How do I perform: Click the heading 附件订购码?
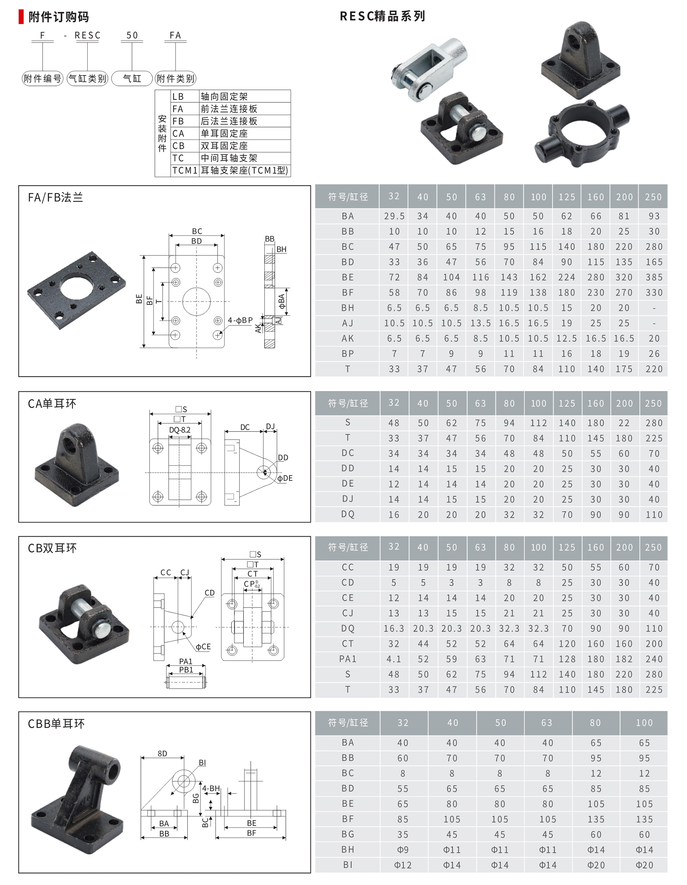click(x=58, y=16)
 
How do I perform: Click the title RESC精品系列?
click(x=382, y=16)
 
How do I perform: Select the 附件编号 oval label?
click(x=43, y=78)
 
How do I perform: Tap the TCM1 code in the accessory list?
click(x=185, y=170)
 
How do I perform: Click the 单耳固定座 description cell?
click(x=224, y=133)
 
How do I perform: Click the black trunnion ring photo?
click(x=582, y=134)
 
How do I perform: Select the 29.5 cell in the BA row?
click(x=394, y=216)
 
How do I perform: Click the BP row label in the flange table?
click(x=348, y=354)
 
